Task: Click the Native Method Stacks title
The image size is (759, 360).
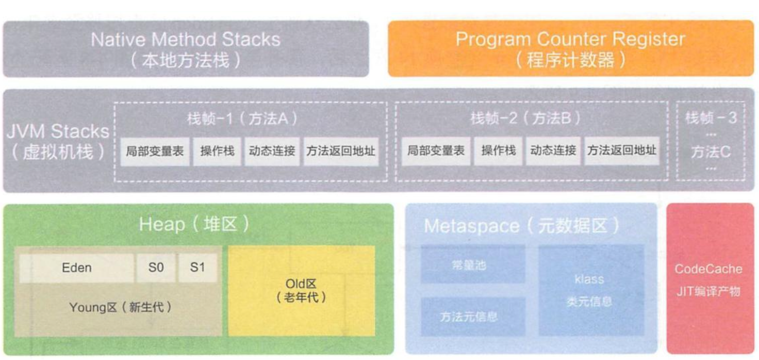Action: point(186,40)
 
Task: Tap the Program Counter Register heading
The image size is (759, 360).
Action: point(570,39)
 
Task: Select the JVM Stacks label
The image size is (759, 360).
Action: point(58,131)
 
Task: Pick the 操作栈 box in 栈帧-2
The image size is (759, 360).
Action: point(498,151)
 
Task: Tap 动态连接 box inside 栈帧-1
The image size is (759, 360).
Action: point(272,151)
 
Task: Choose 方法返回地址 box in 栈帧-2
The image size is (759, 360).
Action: point(622,151)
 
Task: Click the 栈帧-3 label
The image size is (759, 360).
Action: point(711,118)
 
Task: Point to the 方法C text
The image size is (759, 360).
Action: point(711,152)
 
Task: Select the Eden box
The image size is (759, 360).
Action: point(77,268)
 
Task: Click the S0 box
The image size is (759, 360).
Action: point(156,268)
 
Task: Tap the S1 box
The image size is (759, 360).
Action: point(198,268)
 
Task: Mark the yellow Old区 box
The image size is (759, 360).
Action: point(301,290)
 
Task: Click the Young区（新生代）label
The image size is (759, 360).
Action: point(120,307)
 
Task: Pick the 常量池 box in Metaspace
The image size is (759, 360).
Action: point(472,265)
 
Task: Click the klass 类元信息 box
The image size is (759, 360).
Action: point(589,290)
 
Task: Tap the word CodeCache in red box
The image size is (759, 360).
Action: point(708,269)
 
